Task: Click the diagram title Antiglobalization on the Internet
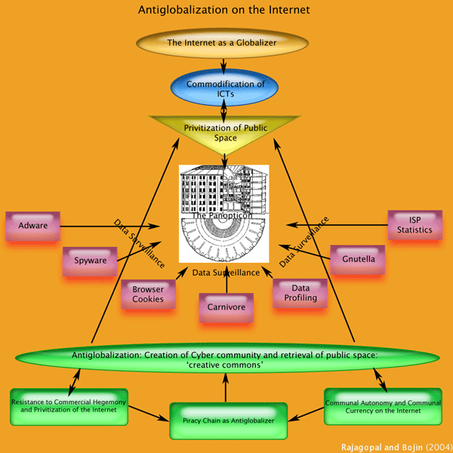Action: pyautogui.click(x=224, y=11)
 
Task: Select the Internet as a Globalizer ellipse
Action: pyautogui.click(x=227, y=43)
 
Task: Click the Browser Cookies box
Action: pyautogui.click(x=148, y=294)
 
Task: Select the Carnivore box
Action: pyautogui.click(x=226, y=307)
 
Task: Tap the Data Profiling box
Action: pyautogui.click(x=300, y=293)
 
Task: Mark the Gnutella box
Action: pyautogui.click(x=358, y=260)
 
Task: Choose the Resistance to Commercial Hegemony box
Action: pyautogui.click(x=69, y=404)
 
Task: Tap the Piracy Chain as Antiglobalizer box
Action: pyautogui.click(x=226, y=420)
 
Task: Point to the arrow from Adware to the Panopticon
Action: pyautogui.click(x=109, y=226)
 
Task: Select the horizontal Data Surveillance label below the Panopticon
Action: pyautogui.click(x=226, y=272)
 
